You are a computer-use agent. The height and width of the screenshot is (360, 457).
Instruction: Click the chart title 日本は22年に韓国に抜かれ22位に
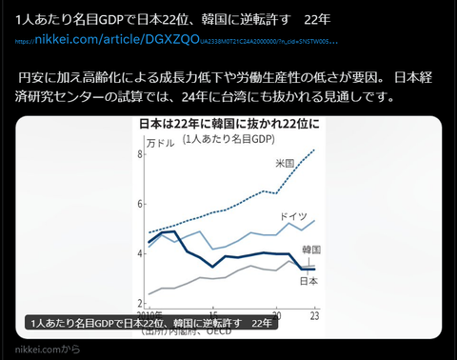tap(229, 125)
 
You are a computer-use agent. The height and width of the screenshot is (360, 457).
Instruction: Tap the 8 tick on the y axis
tap(140, 154)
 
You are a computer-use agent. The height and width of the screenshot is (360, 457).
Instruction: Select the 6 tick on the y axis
tap(140, 204)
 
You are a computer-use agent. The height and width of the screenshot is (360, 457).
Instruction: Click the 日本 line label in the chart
tap(308, 281)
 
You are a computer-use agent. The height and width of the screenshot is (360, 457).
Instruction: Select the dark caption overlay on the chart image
tap(152, 324)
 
